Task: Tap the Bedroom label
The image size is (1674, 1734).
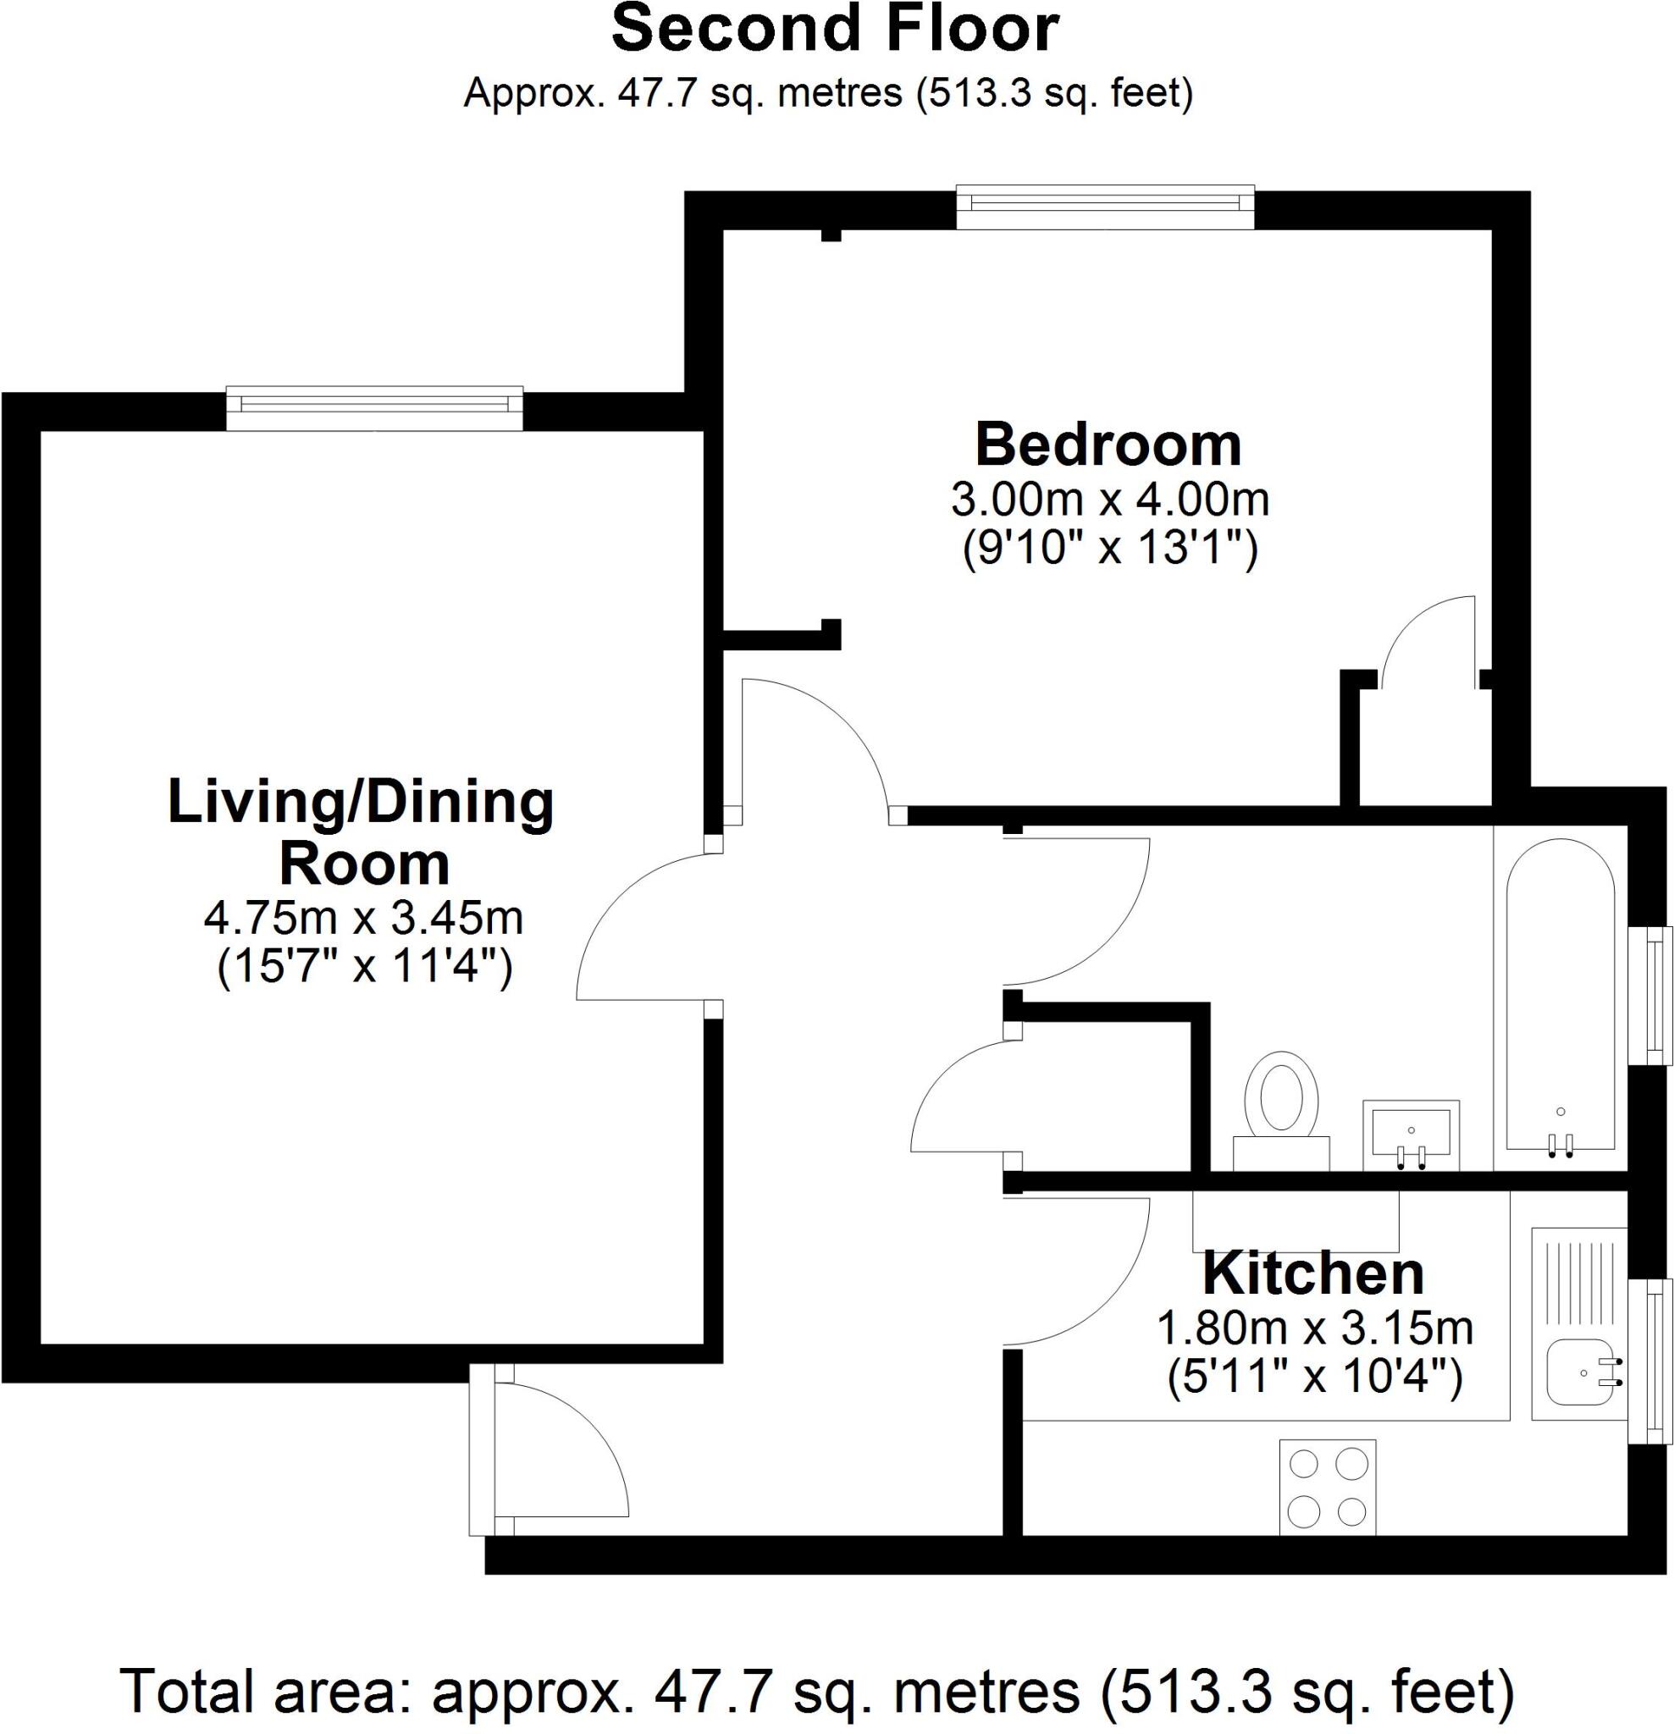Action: pyautogui.click(x=1108, y=445)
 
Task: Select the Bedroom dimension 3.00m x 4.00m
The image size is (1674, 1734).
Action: pyautogui.click(x=1109, y=500)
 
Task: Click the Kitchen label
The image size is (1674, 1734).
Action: pyautogui.click(x=1313, y=1274)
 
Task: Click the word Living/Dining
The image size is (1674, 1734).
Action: pyautogui.click(x=360, y=803)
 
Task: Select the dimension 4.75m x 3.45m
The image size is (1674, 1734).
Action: pyautogui.click(x=363, y=919)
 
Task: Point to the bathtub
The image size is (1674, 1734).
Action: pyautogui.click(x=1561, y=996)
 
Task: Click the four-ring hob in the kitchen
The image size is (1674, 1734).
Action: pyautogui.click(x=1328, y=1487)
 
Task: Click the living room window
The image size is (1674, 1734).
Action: pyautogui.click(x=374, y=407)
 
